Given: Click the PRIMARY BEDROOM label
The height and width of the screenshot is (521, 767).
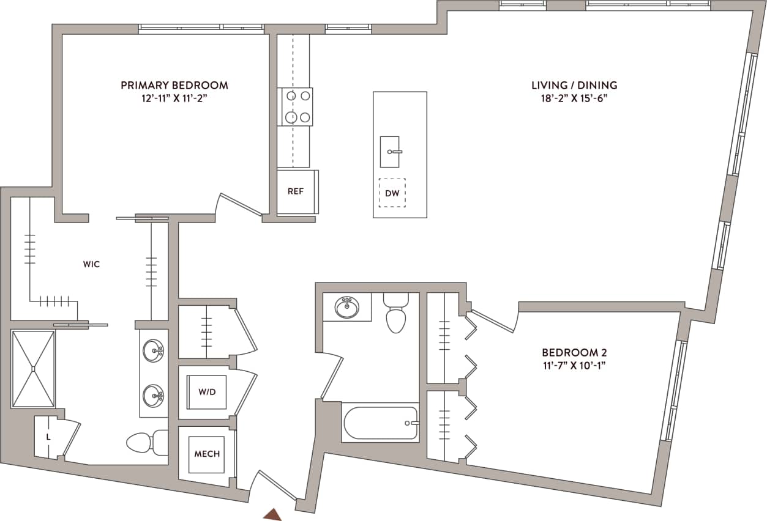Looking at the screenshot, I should [174, 85].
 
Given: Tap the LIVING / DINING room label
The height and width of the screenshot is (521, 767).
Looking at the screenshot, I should [574, 85].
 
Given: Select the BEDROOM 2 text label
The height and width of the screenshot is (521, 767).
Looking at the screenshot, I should [574, 352].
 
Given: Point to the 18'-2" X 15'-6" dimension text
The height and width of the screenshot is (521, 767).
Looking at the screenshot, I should [574, 98].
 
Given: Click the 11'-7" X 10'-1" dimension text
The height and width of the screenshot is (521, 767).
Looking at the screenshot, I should [574, 366].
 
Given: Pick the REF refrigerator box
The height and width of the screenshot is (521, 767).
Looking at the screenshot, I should [297, 191].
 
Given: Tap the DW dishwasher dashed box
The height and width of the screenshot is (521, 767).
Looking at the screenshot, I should [392, 193].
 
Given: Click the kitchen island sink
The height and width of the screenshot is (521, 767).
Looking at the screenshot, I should [390, 152].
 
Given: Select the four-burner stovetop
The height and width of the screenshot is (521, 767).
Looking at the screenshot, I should [296, 106].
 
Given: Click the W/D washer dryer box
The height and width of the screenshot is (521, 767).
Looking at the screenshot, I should [206, 391].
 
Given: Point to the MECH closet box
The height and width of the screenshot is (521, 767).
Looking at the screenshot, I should [206, 454].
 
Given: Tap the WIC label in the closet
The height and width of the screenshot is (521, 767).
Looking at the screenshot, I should [91, 265].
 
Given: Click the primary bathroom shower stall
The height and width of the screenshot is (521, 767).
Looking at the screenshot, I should [34, 369].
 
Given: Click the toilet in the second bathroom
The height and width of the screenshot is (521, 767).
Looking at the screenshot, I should [396, 312].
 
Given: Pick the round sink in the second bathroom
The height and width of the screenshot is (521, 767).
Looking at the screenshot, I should [347, 306].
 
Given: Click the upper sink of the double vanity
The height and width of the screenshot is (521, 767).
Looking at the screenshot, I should [153, 351].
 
